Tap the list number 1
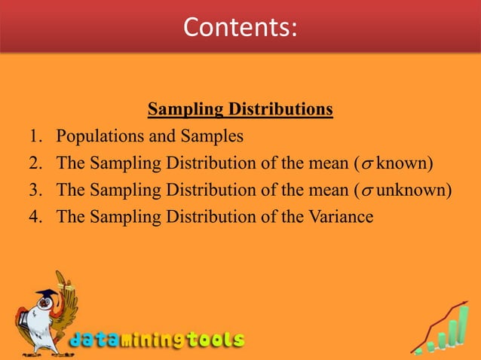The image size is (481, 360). (x=35, y=137)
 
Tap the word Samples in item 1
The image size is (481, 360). (x=216, y=137)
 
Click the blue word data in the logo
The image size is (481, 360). (x=94, y=340)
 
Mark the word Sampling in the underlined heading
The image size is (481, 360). (x=181, y=111)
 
